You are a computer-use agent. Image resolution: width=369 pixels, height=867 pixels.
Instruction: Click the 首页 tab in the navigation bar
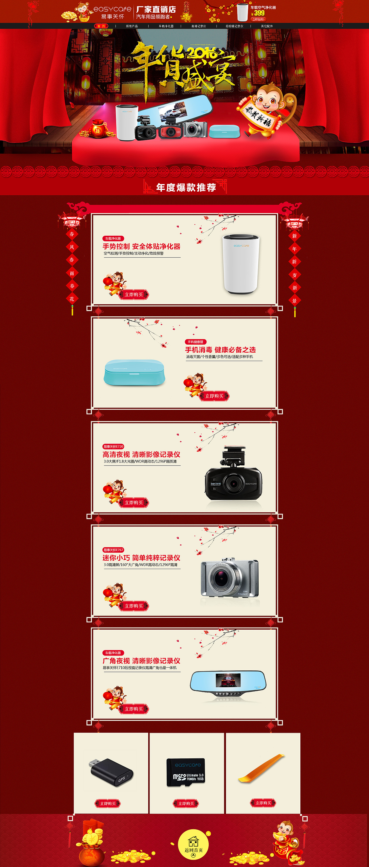101,26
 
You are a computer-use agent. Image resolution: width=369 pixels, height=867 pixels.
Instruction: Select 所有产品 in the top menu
132,26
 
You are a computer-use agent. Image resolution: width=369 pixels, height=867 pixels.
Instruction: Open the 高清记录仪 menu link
199,26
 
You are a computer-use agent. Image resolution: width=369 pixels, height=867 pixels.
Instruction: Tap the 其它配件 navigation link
267,26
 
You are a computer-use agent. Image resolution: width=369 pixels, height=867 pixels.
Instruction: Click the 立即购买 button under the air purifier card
134,294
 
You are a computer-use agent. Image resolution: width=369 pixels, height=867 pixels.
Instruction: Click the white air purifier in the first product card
241,264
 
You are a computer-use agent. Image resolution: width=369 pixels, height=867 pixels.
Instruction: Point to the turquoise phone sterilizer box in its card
135,372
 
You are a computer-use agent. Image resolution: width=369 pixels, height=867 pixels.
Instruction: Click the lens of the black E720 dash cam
233,484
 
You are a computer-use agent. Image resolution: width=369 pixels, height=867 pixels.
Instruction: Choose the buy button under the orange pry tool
263,803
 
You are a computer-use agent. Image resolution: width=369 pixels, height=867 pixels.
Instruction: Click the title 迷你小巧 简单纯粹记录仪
142,558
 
